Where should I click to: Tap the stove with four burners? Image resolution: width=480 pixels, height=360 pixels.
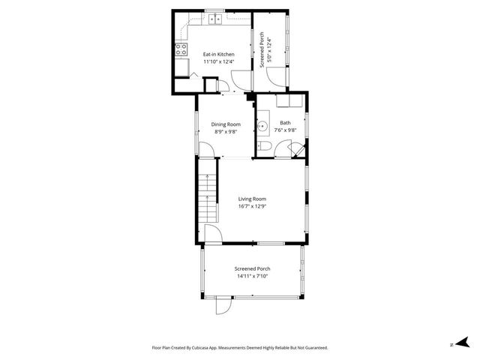tap(181, 50)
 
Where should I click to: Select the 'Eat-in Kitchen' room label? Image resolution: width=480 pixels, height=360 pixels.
tap(219, 55)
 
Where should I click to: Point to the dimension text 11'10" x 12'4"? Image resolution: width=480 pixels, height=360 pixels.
tap(219, 62)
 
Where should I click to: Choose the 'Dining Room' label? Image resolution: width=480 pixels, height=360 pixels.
tap(226, 124)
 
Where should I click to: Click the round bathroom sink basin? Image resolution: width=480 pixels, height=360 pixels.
tap(263, 124)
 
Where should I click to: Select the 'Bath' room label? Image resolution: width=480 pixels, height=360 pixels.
tap(286, 123)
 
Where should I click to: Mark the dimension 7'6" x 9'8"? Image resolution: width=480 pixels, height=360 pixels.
tap(286, 130)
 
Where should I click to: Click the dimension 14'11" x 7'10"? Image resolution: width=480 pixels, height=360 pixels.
tap(252, 276)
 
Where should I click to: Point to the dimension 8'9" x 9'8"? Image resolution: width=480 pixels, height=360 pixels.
tap(226, 131)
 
